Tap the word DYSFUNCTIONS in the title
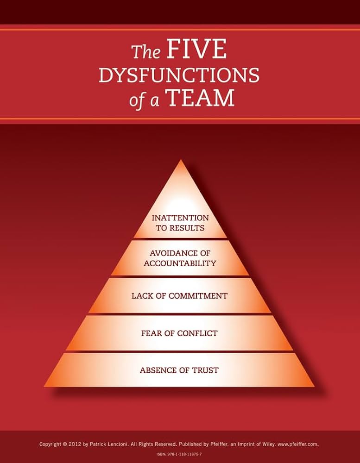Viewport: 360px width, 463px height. (x=179, y=75)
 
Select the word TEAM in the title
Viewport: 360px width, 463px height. (x=201, y=98)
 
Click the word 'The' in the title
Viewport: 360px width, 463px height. (x=146, y=52)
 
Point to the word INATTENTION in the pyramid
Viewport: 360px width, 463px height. (x=180, y=218)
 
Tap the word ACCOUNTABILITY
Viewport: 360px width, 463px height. (x=180, y=263)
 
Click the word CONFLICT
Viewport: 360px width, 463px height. (x=197, y=333)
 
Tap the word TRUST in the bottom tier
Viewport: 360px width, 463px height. (x=205, y=370)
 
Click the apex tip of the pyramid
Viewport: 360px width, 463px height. (x=181, y=160)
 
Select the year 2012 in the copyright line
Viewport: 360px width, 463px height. (x=74, y=444)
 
